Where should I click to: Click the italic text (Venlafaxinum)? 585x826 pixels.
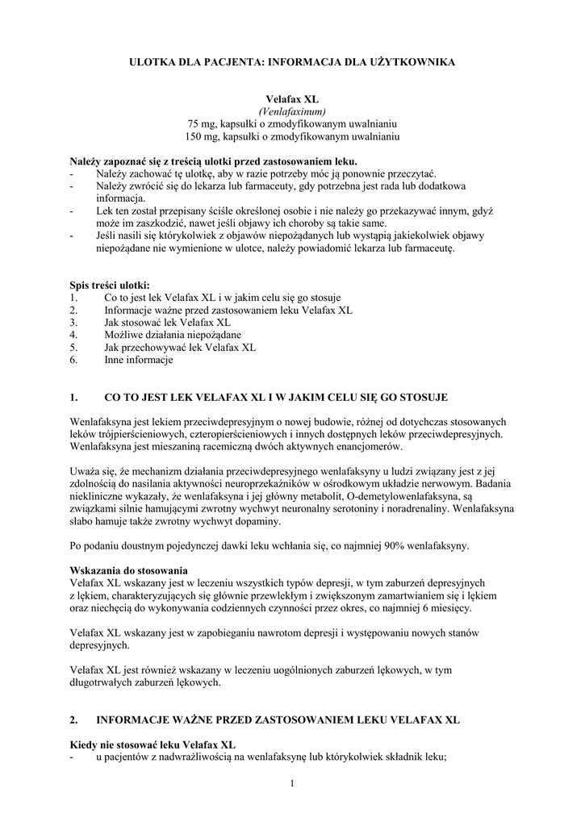[x=292, y=111]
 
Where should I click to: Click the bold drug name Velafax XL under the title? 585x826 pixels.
[x=292, y=98]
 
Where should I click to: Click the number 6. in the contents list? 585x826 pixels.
[x=73, y=361]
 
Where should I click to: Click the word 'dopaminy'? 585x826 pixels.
[x=259, y=522]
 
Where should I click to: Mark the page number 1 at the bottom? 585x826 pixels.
[x=292, y=782]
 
